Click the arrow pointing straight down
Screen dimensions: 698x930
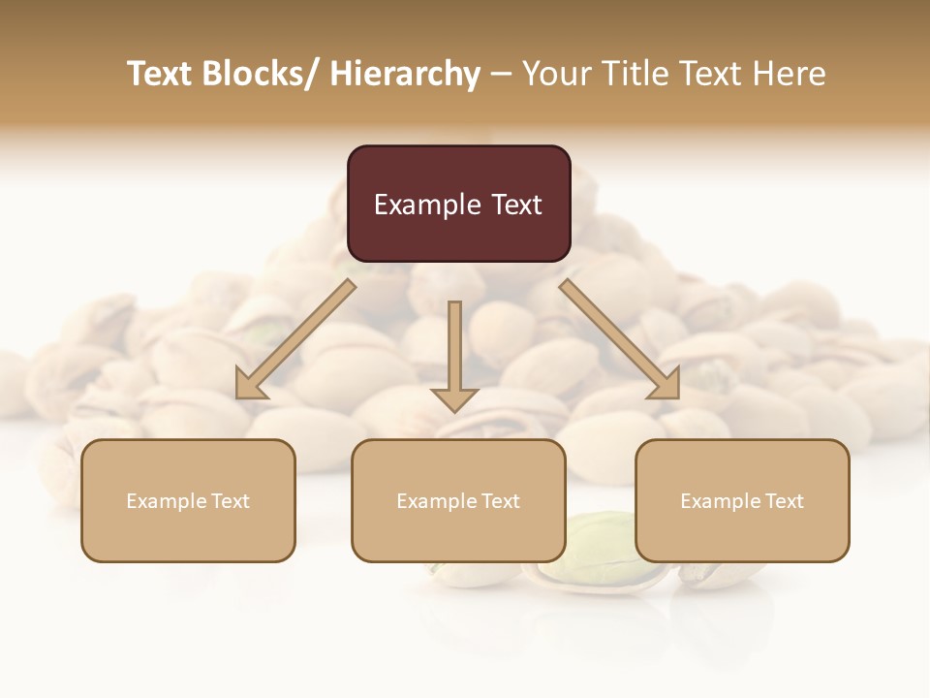pyautogui.click(x=454, y=359)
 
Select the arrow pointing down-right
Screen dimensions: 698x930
pyautogui.click(x=620, y=339)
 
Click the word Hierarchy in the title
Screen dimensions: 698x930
pyautogui.click(x=405, y=75)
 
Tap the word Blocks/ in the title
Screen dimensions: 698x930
pyautogui.click(x=256, y=75)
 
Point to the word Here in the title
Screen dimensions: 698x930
pyautogui.click(x=791, y=75)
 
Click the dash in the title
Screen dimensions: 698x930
pyautogui.click(x=501, y=75)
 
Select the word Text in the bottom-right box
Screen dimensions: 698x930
pyautogui.click(x=785, y=501)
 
